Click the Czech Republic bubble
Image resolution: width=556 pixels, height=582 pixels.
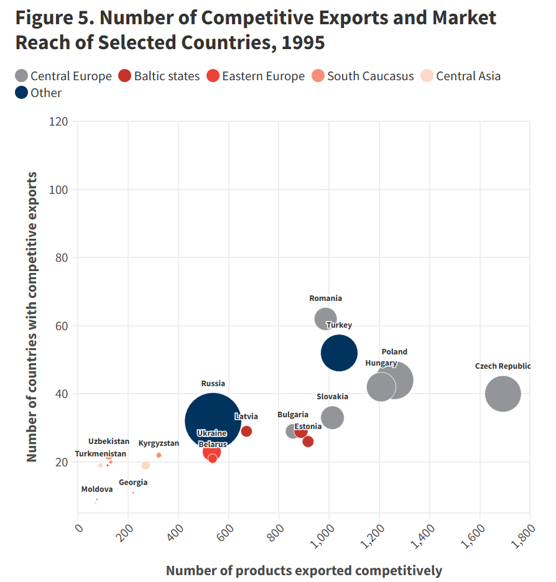(x=503, y=394)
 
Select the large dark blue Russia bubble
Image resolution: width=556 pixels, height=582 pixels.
(x=213, y=421)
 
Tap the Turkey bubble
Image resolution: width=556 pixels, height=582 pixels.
(x=339, y=353)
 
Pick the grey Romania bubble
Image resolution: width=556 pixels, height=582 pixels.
(x=325, y=318)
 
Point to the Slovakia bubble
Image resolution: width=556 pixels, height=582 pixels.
(x=332, y=417)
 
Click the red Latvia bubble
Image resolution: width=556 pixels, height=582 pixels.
(x=246, y=431)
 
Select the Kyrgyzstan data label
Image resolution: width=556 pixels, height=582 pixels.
(x=159, y=443)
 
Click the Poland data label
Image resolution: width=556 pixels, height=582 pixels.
(x=394, y=352)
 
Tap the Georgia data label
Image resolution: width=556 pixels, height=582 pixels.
(x=133, y=482)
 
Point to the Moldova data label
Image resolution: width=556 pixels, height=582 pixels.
(x=97, y=489)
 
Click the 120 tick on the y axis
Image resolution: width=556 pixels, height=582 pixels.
(x=59, y=121)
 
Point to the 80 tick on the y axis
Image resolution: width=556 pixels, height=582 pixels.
(x=62, y=257)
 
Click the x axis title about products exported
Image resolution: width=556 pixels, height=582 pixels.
(x=303, y=570)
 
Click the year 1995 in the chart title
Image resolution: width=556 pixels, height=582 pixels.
(x=303, y=43)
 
